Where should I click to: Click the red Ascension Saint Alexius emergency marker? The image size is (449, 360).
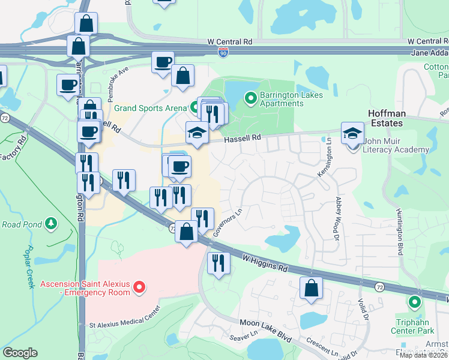(139, 288)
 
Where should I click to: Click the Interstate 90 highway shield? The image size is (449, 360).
(223, 53)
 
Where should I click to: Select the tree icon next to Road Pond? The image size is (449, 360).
(52, 224)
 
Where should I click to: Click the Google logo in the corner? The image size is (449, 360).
(20, 352)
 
